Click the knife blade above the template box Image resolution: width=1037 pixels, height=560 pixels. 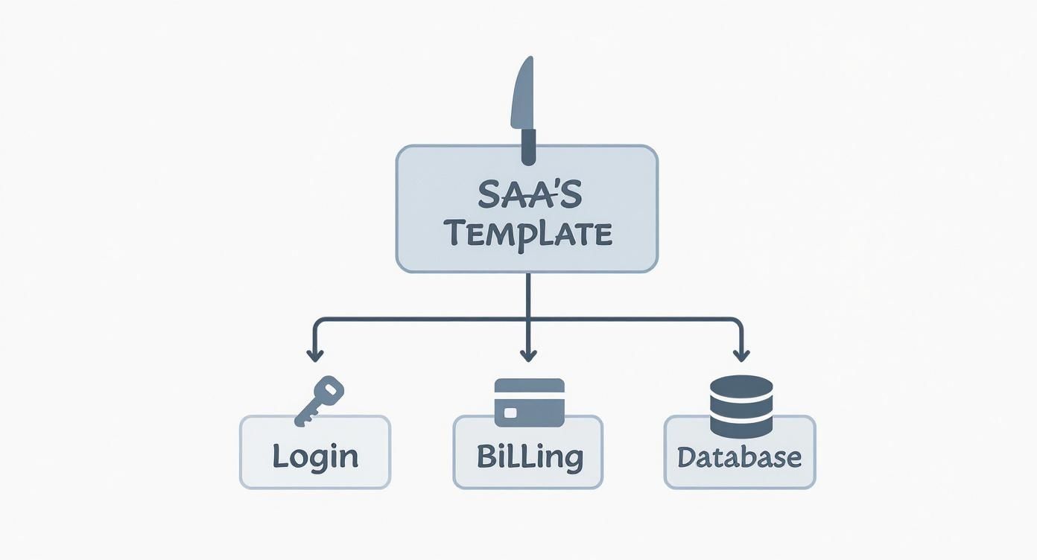pos(523,93)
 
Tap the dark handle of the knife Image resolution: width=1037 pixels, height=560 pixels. pos(528,146)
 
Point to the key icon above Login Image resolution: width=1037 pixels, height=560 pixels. pos(319,401)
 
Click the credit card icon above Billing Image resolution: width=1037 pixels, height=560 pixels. pos(529,402)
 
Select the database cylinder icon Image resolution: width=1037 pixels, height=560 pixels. pos(741,407)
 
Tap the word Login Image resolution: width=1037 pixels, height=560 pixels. pos(314,455)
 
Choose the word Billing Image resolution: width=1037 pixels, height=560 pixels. pos(529,455)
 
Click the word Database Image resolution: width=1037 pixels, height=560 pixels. pos(740,456)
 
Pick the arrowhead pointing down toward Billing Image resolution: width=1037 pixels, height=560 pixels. pos(528,355)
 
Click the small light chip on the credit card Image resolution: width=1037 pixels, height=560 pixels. pos(510,412)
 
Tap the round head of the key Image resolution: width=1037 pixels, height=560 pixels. pos(332,387)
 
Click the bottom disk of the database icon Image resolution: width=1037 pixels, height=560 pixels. pos(741,427)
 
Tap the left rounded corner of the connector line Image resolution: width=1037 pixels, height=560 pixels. pos(318,322)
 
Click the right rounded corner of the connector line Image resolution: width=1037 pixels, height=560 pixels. pos(738,322)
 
